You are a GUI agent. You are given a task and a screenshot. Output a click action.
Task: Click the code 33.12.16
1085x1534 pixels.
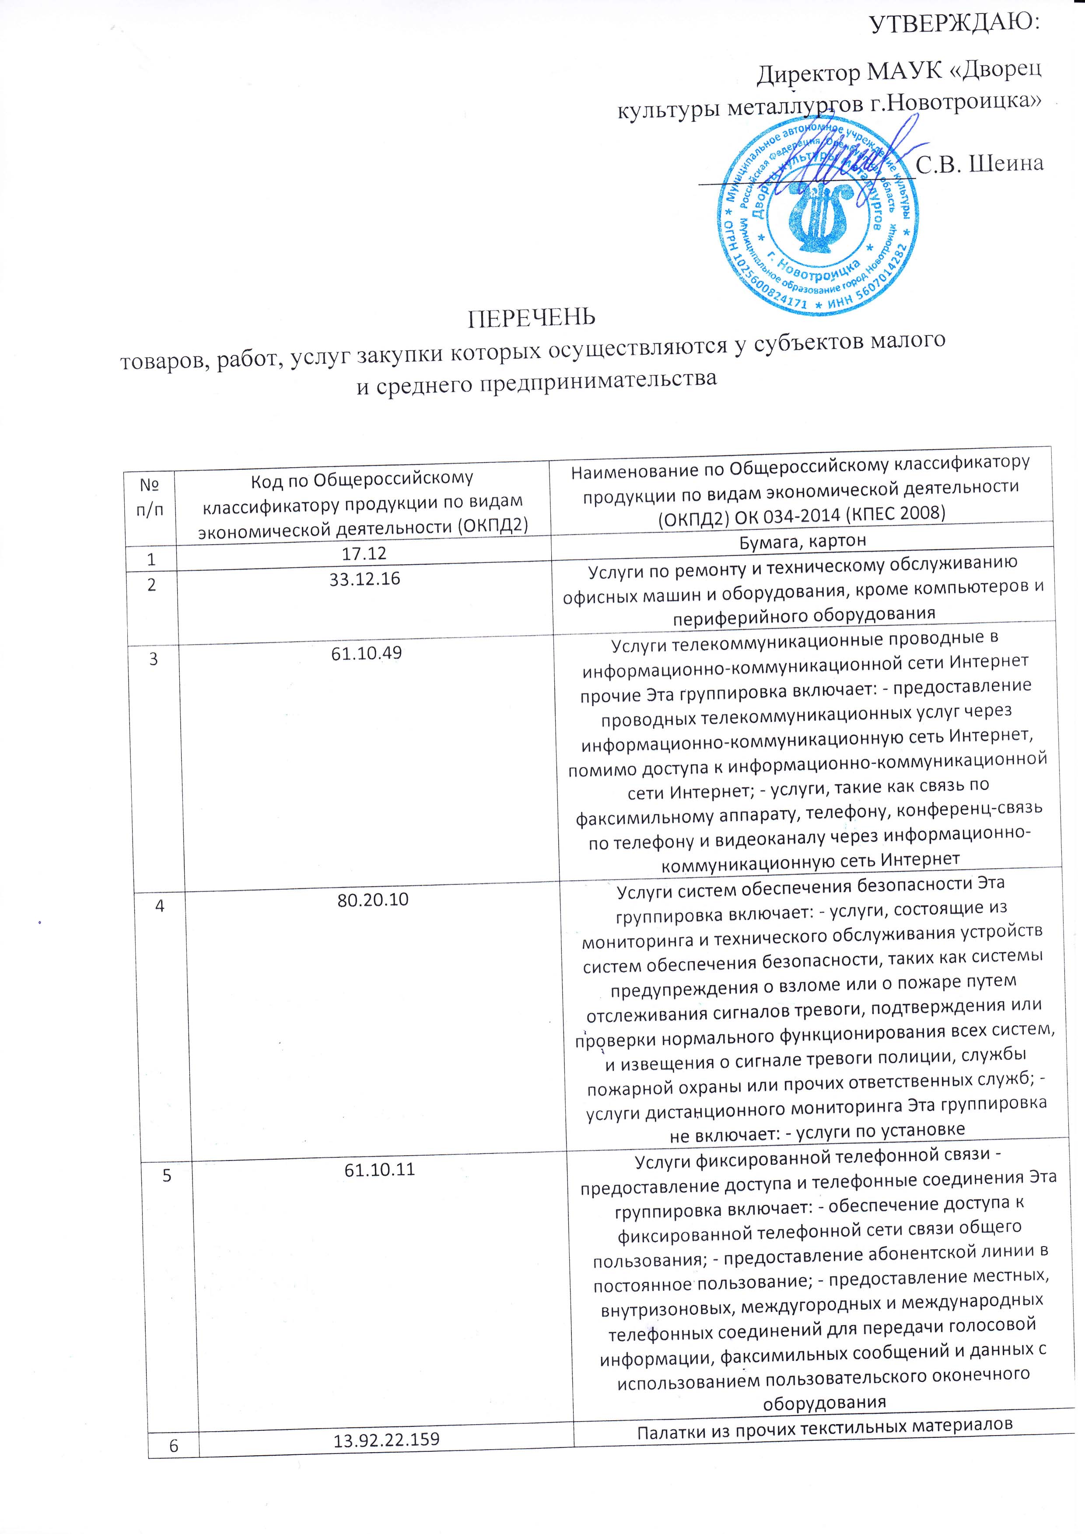(365, 579)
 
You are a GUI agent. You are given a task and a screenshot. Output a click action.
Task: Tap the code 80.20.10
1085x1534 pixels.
(373, 899)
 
